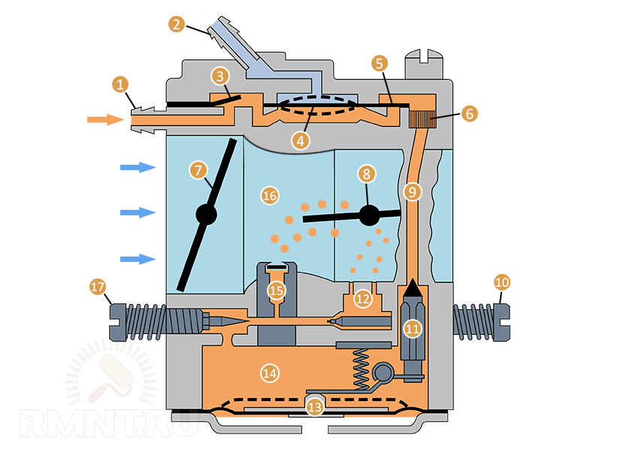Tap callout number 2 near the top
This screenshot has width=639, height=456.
tap(177, 24)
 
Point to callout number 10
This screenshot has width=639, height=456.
tap(502, 282)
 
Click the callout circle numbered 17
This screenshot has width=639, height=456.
tap(98, 287)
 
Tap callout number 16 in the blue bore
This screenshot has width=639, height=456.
tap(270, 196)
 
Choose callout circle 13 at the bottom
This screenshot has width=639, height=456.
tap(315, 407)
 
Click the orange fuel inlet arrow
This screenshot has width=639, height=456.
tap(104, 119)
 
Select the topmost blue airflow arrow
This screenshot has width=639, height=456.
tap(137, 167)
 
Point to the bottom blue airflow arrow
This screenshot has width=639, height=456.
tap(137, 259)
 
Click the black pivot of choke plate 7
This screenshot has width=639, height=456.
tap(206, 214)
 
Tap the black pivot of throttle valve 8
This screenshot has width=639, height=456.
tap(369, 215)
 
